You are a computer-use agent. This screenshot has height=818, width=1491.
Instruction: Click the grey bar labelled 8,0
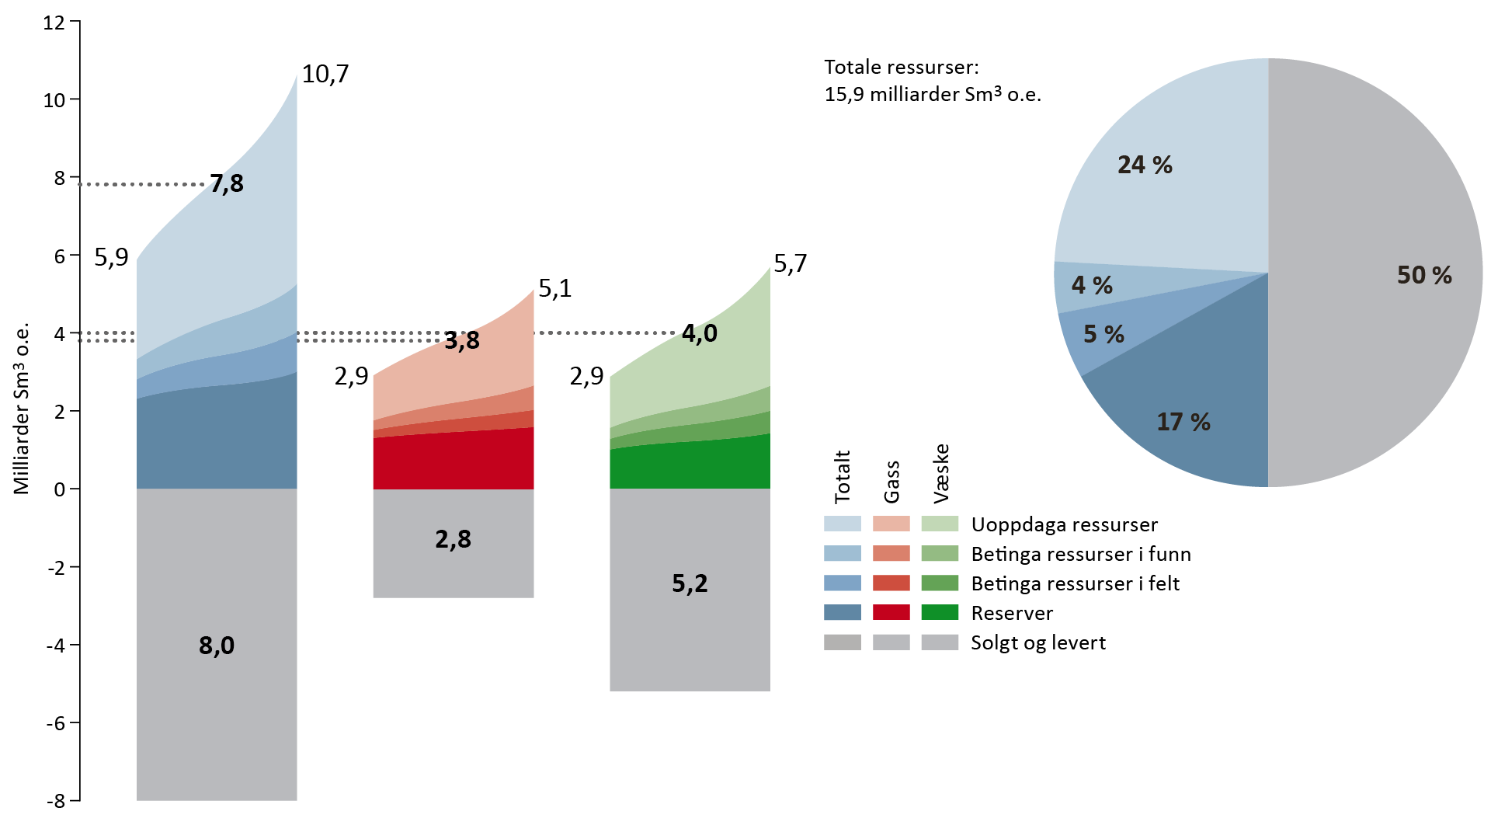217,645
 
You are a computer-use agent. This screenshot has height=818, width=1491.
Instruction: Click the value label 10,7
325,75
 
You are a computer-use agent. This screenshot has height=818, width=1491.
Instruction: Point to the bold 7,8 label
227,184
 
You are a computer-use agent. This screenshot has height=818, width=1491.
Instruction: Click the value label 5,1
555,289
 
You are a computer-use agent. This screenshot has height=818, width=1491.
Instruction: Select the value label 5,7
791,264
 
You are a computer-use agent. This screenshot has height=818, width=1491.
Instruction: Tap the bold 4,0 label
700,333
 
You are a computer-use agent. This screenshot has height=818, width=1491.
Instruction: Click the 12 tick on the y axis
54,22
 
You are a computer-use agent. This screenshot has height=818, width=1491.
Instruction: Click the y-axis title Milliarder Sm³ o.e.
22,409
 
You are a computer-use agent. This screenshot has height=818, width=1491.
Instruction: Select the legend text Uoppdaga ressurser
1064,525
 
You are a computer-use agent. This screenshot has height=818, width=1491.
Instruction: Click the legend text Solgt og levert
1038,643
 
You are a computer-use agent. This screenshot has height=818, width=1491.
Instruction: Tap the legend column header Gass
891,482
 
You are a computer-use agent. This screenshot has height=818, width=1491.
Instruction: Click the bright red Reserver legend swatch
891,612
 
